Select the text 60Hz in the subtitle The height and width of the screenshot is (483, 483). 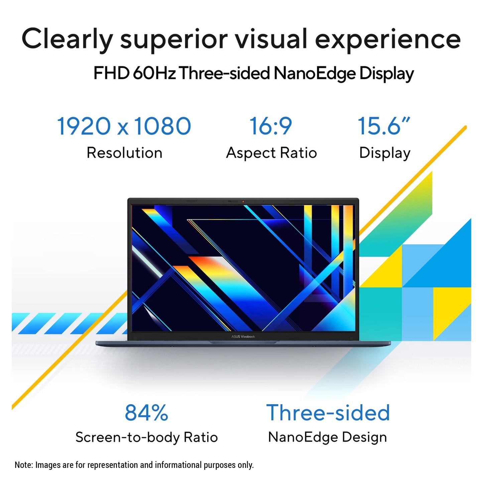154,74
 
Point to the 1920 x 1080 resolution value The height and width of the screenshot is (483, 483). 124,126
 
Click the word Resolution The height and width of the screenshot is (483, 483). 125,153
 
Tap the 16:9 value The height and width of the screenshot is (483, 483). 271,126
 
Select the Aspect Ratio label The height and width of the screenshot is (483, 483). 271,153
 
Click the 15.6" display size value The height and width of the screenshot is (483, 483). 384,126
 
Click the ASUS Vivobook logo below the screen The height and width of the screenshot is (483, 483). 243,337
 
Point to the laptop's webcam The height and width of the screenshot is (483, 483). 243,201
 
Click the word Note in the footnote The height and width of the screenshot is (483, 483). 23,465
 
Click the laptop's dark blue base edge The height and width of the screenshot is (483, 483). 243,343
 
